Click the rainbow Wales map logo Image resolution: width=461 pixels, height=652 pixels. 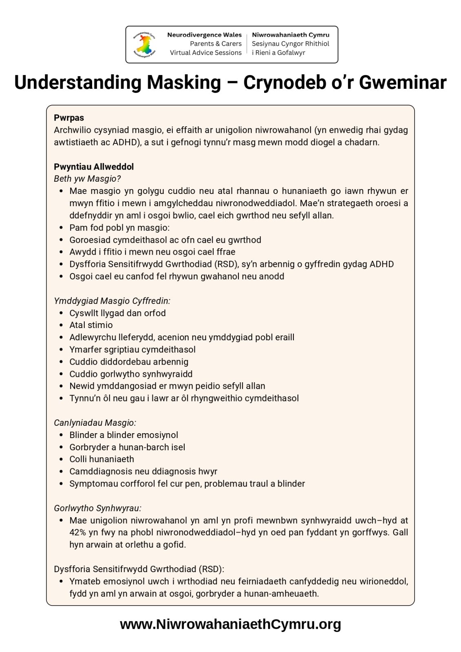pos(144,44)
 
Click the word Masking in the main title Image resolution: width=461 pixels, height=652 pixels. pos(184,82)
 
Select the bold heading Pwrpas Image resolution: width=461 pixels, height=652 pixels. pos(69,118)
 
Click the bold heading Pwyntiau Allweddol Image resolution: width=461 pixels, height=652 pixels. pos(94,167)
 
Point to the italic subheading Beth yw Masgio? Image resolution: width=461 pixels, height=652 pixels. pos(87,178)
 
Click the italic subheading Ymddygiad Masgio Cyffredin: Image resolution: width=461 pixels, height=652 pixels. pos(112,301)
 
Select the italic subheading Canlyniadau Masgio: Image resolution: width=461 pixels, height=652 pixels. pos(95,423)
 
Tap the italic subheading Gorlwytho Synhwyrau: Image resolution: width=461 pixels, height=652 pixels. pos(97,508)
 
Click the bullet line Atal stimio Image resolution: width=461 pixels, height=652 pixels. pos(91,325)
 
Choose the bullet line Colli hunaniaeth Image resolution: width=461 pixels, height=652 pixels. pos(101,459)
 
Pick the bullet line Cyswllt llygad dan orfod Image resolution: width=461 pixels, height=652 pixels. pos(117,313)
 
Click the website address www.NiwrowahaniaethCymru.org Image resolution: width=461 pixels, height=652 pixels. pos(230,624)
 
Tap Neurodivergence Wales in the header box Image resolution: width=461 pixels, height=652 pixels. pos(204,35)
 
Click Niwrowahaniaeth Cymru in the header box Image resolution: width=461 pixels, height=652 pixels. pos(291,35)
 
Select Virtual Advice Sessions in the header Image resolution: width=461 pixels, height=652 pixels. pos(206,53)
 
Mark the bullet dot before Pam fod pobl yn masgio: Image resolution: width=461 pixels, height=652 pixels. pos(61,228)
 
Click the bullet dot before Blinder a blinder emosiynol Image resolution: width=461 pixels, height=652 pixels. pos(61,435)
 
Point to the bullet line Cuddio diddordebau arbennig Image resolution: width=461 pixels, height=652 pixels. pos(129,361)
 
